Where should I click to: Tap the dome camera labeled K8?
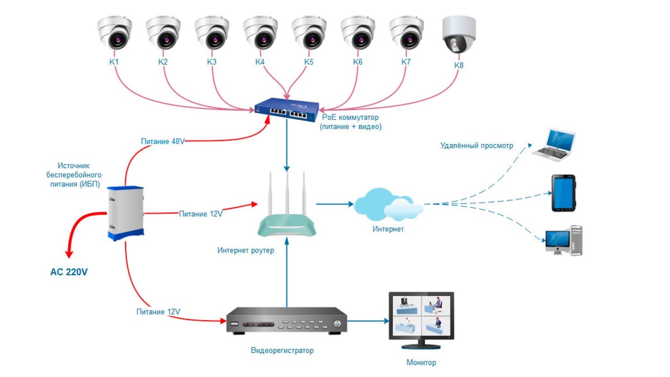(x=459, y=35)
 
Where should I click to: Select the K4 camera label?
(x=260, y=62)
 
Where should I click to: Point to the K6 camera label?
(x=358, y=62)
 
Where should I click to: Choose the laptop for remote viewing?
(x=554, y=145)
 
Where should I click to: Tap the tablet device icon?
(x=563, y=193)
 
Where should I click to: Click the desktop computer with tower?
(x=564, y=240)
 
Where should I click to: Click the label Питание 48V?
(x=163, y=141)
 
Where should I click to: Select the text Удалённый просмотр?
(x=476, y=146)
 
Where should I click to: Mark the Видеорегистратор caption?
(x=282, y=350)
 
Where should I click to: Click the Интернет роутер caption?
(x=245, y=250)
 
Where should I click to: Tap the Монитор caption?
(x=421, y=362)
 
